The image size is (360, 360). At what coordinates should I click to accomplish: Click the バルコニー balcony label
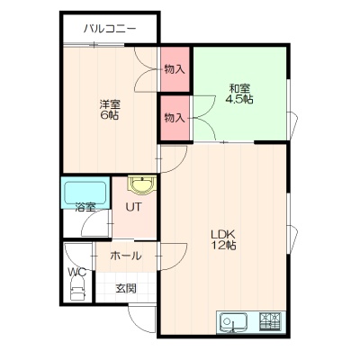[110, 29]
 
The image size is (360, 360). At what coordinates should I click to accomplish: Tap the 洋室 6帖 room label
[110, 110]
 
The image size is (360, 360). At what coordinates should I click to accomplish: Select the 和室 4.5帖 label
[239, 94]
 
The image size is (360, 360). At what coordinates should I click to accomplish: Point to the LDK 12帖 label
[223, 239]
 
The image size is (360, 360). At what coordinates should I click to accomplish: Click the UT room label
[134, 207]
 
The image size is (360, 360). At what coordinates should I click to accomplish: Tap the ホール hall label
[125, 256]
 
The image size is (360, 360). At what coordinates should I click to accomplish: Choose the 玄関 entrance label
[126, 288]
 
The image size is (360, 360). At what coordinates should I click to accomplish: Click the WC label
[77, 272]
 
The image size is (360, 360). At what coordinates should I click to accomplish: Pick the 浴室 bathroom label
[85, 207]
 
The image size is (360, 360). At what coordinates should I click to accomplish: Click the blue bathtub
[85, 193]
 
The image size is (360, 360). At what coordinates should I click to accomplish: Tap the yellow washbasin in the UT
[142, 184]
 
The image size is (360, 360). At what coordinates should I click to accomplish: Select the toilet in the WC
[78, 289]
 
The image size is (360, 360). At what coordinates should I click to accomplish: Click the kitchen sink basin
[233, 323]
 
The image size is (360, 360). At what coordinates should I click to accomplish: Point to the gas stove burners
[270, 322]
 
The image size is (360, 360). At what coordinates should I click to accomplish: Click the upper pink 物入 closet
[175, 69]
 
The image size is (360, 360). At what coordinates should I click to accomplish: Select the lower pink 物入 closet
[175, 118]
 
